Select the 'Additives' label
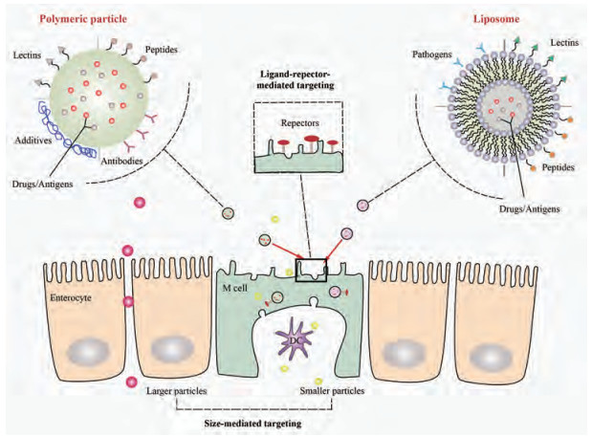coord(33,138)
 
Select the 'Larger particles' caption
coord(178,391)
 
